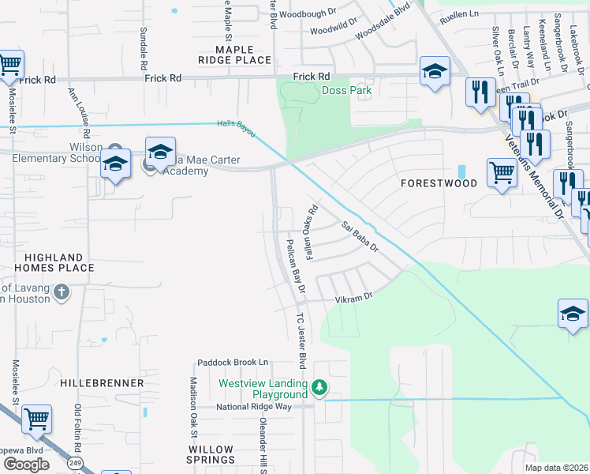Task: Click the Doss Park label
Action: [x=347, y=91]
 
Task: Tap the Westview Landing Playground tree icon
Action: [x=319, y=387]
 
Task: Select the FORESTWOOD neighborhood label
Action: [x=439, y=183]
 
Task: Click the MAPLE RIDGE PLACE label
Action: [x=234, y=55]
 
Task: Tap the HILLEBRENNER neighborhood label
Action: [x=102, y=383]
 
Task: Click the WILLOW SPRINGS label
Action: [x=211, y=454]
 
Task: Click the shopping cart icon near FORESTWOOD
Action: [x=502, y=171]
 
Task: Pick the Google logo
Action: [x=26, y=465]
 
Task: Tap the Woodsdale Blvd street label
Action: [x=383, y=24]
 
